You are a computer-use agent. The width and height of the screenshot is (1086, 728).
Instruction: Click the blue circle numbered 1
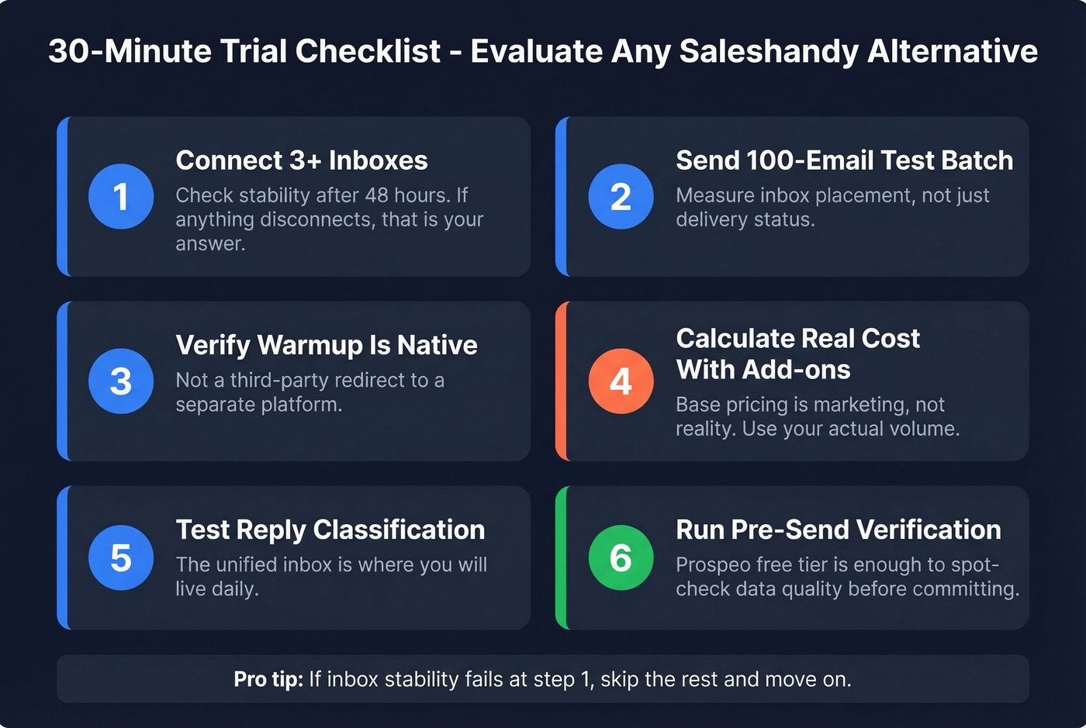[121, 196]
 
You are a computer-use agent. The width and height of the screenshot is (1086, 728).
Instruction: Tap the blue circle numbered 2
[621, 196]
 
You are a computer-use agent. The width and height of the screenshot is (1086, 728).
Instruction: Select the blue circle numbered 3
[121, 381]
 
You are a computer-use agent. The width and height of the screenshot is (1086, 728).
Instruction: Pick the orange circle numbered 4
[621, 381]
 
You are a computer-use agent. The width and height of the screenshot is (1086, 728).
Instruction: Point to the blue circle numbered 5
[121, 557]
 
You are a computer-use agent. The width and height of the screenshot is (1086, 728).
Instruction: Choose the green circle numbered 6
[621, 557]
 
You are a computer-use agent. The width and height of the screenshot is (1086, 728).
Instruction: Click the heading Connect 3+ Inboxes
[301, 160]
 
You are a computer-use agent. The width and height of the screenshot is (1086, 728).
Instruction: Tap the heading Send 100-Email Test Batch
[844, 160]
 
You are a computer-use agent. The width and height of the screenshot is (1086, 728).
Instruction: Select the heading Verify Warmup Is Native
[326, 345]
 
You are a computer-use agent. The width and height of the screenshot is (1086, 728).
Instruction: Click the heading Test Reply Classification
[330, 530]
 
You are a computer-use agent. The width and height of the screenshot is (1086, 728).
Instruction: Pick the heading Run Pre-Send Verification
[838, 530]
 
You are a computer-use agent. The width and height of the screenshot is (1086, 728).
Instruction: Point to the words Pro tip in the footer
[268, 679]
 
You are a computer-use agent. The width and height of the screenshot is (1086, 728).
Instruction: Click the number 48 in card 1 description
[376, 195]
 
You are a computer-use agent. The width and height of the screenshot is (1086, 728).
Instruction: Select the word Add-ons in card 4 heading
[796, 370]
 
